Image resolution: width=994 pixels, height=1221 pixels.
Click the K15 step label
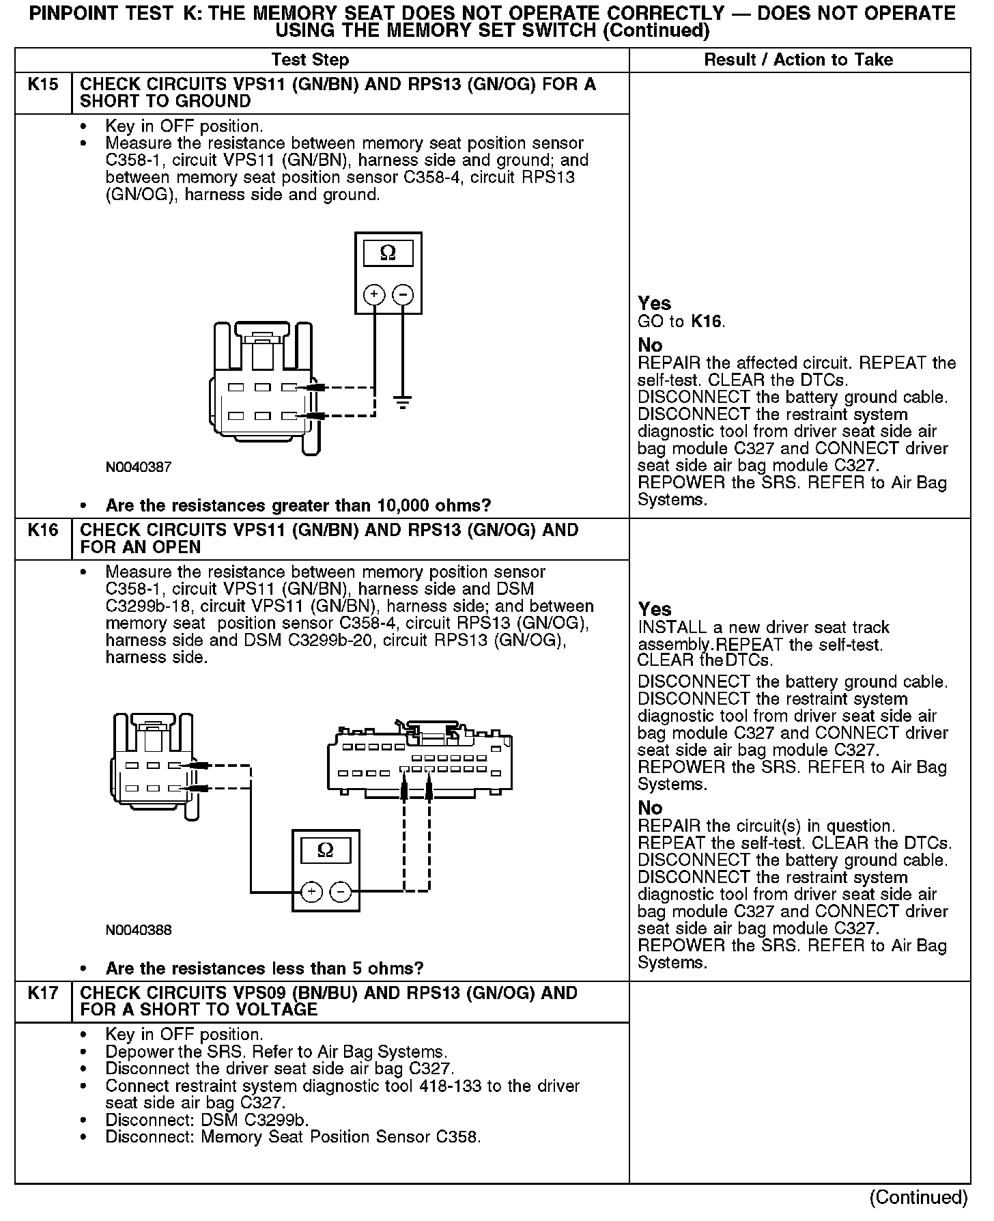point(42,85)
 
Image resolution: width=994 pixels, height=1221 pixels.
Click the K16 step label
point(42,531)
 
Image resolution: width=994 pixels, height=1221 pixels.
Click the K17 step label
point(42,994)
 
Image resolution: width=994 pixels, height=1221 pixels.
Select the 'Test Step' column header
point(310,60)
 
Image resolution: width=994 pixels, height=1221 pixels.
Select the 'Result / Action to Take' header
point(798,60)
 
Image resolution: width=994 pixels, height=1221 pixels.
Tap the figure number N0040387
point(139,468)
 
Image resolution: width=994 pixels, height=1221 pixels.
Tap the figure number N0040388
point(139,930)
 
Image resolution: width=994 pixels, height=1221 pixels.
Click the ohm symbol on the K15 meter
point(388,253)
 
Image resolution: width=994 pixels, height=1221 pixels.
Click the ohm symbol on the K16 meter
point(326,851)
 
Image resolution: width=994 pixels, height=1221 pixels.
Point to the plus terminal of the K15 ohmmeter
point(374,294)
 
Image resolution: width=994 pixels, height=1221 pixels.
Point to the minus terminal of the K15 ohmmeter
point(403,294)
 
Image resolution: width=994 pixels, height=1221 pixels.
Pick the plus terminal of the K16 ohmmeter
point(311,892)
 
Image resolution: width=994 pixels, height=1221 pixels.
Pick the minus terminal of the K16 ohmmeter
point(341,892)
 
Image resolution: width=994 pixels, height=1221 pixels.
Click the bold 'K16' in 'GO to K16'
point(707,322)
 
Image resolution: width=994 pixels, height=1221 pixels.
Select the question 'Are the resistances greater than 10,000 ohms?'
point(298,506)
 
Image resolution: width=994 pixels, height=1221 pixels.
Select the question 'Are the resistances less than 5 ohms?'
point(264,968)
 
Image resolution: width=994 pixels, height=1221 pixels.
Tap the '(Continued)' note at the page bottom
point(918,1198)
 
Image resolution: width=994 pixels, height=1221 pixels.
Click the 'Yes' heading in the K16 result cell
point(655,609)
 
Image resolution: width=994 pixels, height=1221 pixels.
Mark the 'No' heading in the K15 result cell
point(650,345)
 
